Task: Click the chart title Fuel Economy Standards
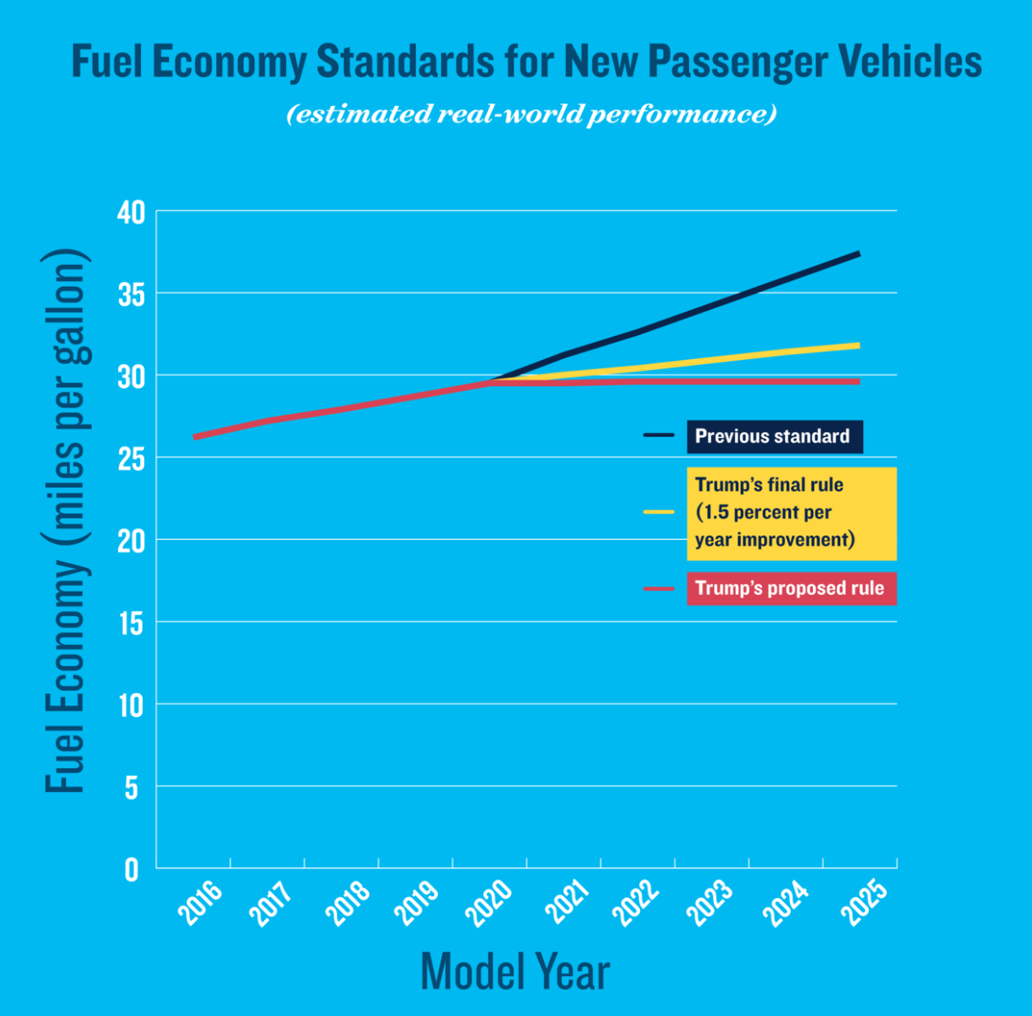click(x=526, y=62)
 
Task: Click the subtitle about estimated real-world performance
click(x=531, y=114)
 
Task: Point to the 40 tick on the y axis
click(x=132, y=212)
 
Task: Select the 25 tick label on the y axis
click(x=132, y=459)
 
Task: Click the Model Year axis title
click(x=515, y=971)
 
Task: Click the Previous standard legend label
click(x=774, y=436)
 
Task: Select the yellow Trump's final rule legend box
click(x=791, y=513)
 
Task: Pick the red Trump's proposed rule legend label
click(x=791, y=588)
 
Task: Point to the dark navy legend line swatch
click(x=659, y=435)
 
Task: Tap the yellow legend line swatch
click(x=659, y=512)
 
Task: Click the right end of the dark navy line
click(x=859, y=253)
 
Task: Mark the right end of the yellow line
click(x=859, y=345)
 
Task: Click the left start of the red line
click(x=195, y=437)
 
